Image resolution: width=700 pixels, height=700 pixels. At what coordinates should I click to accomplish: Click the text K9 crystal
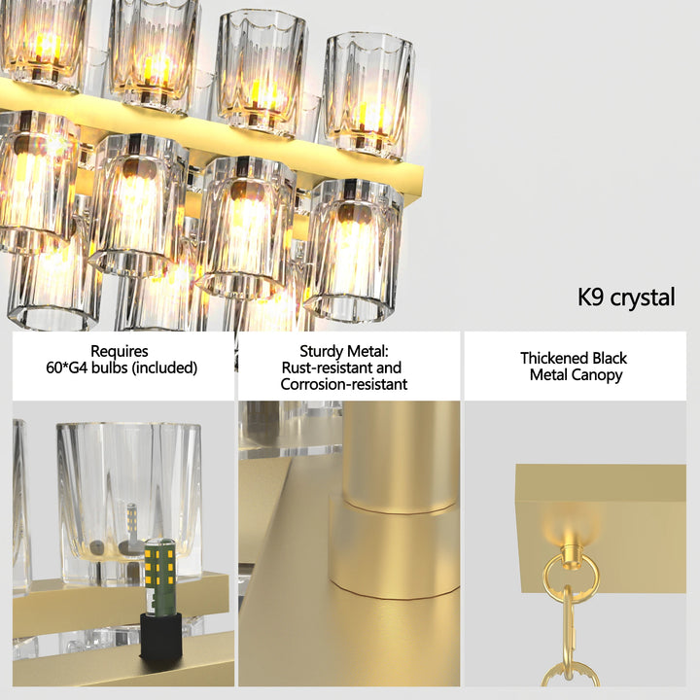625,297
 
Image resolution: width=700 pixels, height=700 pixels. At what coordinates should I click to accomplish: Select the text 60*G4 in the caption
75,367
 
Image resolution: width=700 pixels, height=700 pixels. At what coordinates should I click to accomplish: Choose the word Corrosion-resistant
343,384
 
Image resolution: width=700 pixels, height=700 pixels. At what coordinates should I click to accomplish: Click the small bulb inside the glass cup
131,520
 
